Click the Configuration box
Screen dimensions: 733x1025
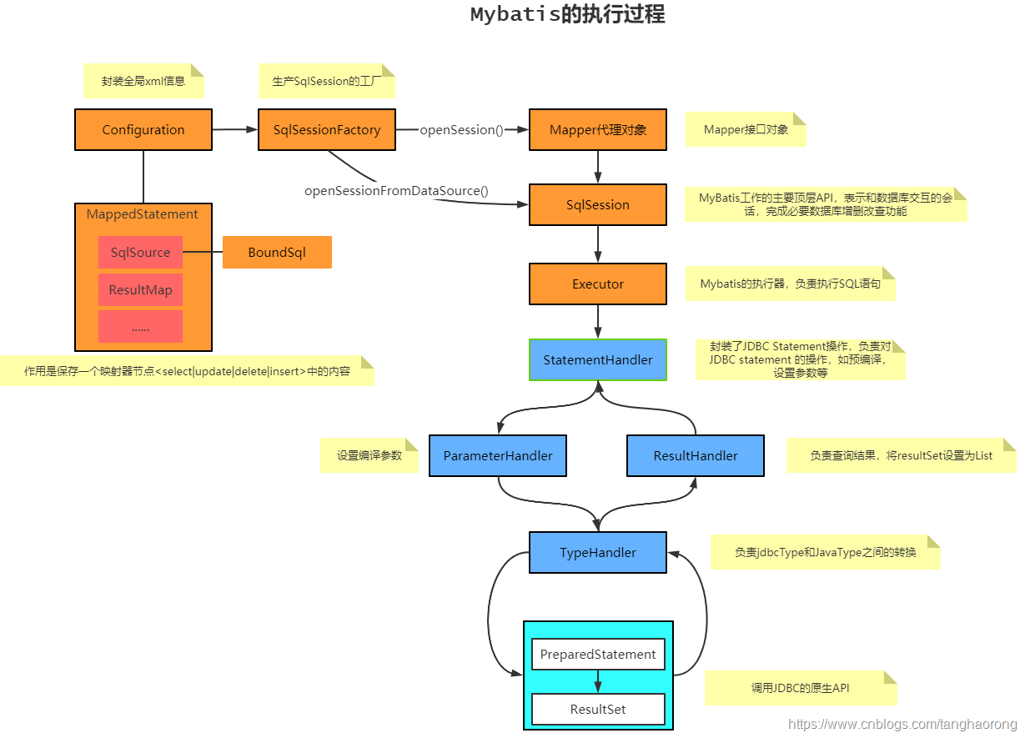tap(143, 130)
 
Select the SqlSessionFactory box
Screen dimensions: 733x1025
tap(327, 130)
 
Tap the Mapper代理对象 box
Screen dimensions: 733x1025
tap(598, 130)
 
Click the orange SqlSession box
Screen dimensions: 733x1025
tap(598, 205)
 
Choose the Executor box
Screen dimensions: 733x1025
tap(598, 284)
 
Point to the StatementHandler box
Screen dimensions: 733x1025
tap(598, 360)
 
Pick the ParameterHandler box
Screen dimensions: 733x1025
tap(498, 456)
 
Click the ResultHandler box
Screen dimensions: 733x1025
tap(696, 456)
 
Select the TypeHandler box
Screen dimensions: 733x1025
tap(598, 553)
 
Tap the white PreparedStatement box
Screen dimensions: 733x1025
tap(598, 655)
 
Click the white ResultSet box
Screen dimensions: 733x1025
tap(598, 710)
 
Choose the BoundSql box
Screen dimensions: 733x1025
tap(277, 253)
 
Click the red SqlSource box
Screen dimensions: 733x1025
tap(140, 253)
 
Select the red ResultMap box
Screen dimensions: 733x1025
tap(140, 291)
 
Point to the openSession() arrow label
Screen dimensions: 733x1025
tap(461, 130)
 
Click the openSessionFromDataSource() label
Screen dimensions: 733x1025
tap(396, 191)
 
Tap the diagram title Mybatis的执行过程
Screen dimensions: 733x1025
tap(567, 15)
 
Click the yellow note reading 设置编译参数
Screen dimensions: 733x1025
tap(369, 455)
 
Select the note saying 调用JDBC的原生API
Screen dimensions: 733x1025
tap(800, 688)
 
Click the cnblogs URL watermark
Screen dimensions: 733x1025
tap(902, 725)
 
